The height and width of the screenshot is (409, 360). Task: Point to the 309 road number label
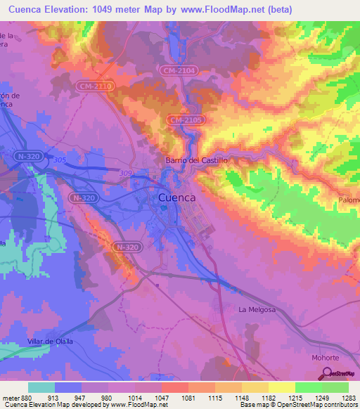(126, 173)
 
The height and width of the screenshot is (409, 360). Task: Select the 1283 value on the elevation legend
(348, 397)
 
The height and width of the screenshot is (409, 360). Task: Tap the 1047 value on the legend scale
(161, 397)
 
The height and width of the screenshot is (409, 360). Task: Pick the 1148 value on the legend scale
(241, 397)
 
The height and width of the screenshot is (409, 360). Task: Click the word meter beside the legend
(11, 397)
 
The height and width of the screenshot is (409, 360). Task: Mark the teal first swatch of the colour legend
(41, 387)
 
